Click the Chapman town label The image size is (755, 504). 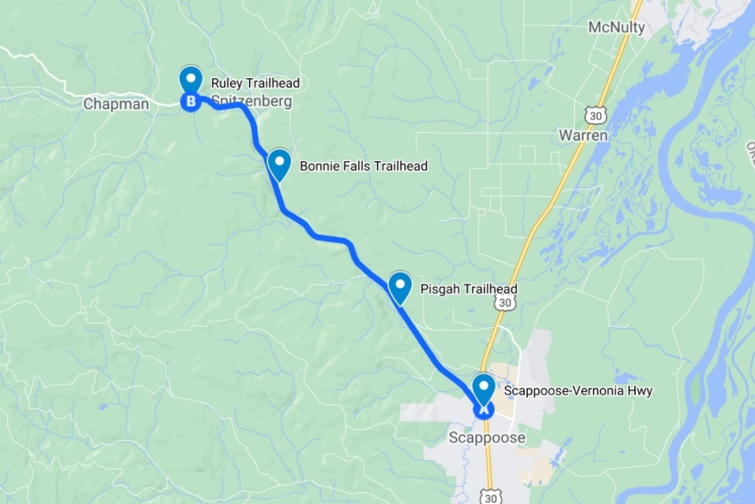[116, 103]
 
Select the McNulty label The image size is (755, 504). [617, 28]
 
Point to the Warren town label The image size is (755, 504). [583, 135]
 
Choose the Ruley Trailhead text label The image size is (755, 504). [255, 83]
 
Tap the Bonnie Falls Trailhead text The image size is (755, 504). [363, 166]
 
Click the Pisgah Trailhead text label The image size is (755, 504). [469, 289]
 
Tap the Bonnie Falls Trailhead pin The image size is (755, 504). [278, 164]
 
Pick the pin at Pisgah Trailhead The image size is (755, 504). [400, 286]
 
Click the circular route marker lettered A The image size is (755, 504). [483, 409]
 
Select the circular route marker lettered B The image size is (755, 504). [191, 101]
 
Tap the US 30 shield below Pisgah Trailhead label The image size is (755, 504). [504, 304]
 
